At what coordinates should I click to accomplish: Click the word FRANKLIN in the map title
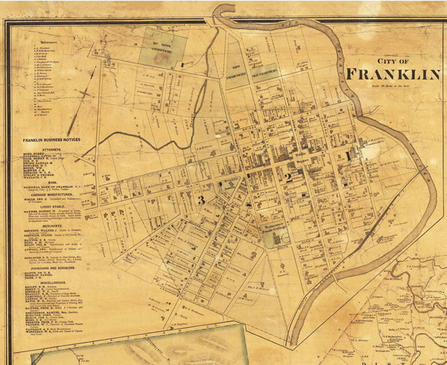pos(394,74)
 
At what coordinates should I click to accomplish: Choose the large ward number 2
pos(286,177)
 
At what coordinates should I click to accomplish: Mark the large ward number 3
pos(200,199)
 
